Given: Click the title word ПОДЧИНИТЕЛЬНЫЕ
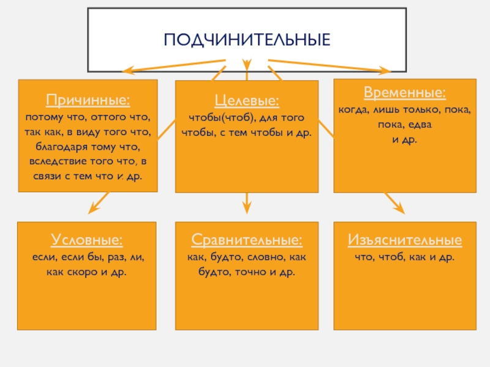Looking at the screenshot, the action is tap(247, 40).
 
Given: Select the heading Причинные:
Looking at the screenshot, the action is tap(88, 99).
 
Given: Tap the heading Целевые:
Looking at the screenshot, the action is tap(247, 100).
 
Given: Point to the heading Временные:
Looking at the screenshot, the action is tap(404, 93).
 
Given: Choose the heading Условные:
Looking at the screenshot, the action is tap(87, 239).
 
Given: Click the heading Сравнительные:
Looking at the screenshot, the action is tap(246, 239).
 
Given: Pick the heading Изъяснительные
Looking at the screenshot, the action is tap(404, 239).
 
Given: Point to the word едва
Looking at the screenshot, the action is tap(420, 124).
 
